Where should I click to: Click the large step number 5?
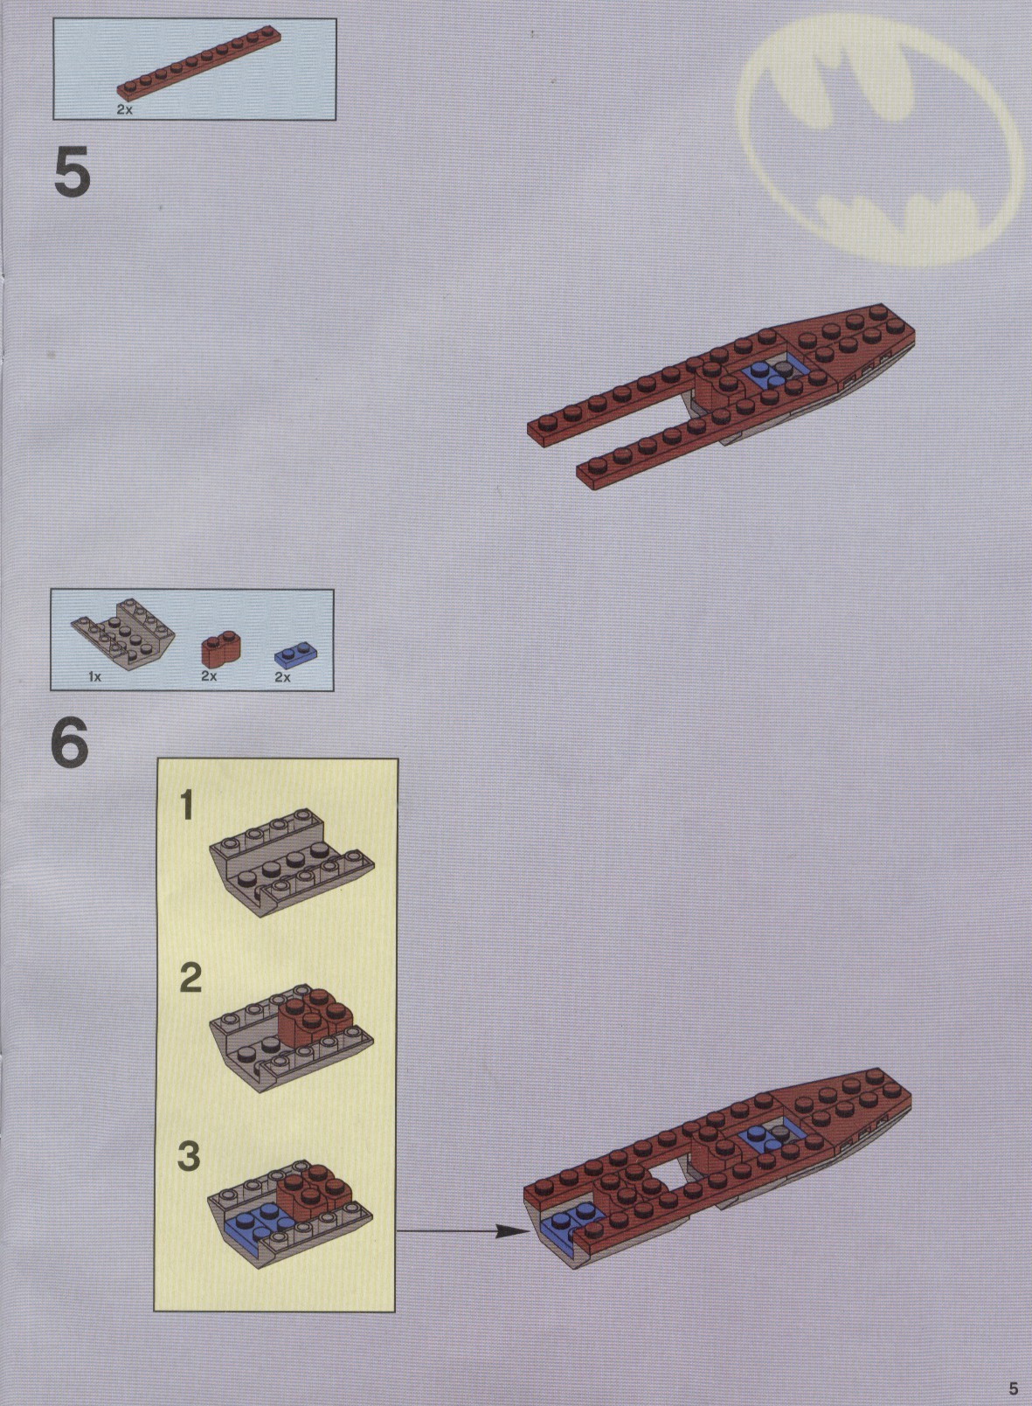coord(73,171)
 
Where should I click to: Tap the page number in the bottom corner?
coord(1013,1388)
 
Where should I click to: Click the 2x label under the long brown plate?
coord(125,109)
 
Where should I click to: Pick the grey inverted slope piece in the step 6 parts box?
coord(119,634)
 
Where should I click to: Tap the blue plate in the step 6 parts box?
coord(295,657)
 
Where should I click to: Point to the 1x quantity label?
coord(94,677)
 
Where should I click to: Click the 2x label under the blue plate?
coord(282,677)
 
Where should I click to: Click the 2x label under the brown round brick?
coord(209,676)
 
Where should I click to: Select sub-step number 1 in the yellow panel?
coord(186,806)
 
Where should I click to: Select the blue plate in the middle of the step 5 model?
coord(765,376)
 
